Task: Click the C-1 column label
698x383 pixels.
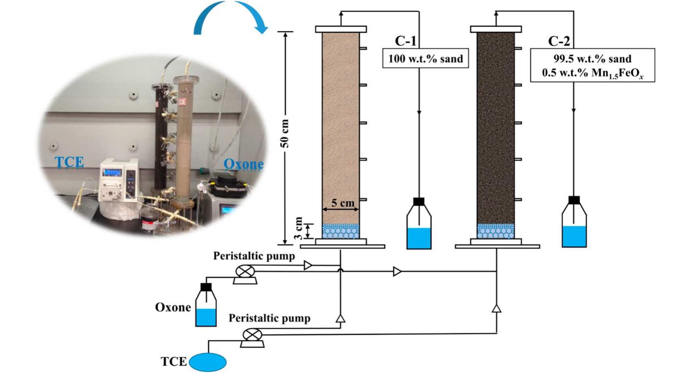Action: pos(405,41)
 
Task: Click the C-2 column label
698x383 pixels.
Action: pos(559,41)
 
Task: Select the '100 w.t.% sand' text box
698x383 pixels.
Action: pos(426,59)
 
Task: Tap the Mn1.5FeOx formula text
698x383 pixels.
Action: pos(593,74)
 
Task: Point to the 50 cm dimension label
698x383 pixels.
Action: pos(285,133)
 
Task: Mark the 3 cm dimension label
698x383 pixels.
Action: pos(299,228)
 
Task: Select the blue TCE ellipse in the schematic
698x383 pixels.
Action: pos(208,362)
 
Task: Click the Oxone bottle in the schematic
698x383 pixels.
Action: pos(206,306)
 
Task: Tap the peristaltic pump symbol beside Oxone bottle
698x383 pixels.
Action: pos(245,273)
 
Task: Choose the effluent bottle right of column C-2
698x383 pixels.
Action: pos(574,223)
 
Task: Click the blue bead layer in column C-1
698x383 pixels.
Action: pos(341,231)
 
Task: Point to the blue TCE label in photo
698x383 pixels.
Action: pos(69,162)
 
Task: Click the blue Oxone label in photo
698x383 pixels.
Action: pos(243,164)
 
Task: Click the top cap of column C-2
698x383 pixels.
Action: pos(496,29)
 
